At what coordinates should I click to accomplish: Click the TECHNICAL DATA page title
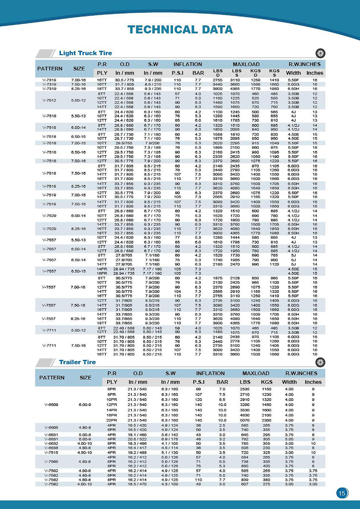180,30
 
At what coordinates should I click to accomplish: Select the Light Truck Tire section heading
85,53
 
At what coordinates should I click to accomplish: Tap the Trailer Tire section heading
77,362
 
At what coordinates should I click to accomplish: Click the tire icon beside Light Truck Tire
320,53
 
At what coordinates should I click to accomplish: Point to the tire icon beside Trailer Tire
320,362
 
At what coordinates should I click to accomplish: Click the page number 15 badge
342,493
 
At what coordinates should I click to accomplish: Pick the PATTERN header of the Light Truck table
50,68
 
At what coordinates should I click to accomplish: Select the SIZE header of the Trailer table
85,378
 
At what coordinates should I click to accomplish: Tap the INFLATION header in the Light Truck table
188,64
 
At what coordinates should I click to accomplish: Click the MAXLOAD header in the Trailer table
256,373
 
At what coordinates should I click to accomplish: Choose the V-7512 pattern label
49,100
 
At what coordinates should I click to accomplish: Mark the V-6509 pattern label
51,405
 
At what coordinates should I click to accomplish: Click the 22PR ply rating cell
112,420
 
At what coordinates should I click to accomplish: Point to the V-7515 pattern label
51,452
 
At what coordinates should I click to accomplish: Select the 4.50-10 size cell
85,452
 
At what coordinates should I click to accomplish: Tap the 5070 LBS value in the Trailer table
245,420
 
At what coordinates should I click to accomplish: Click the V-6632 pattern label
51,443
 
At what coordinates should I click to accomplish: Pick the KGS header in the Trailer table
266,382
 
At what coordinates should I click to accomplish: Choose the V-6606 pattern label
51,428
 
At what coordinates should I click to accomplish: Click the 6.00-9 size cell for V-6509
85,405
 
